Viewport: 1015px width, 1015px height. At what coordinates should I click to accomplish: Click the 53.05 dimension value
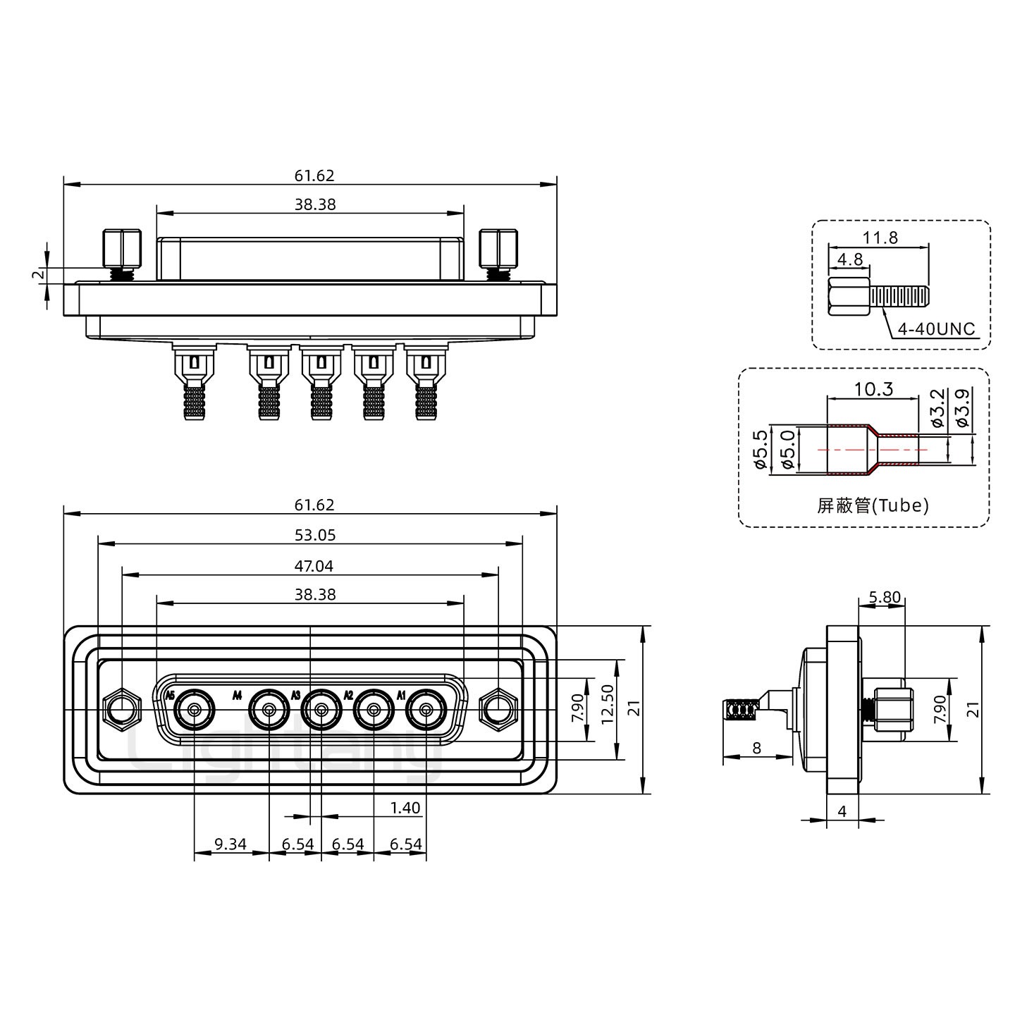[314, 535]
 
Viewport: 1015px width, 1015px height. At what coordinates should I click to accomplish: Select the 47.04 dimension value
[314, 565]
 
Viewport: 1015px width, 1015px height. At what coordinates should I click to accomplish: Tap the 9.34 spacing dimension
[230, 844]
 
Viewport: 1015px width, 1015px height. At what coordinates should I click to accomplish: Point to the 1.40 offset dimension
[405, 808]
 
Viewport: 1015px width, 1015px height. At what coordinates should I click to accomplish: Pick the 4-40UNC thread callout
[937, 328]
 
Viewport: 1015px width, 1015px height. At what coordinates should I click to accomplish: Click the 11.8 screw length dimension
[880, 238]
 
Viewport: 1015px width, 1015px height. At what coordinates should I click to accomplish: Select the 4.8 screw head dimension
[849, 259]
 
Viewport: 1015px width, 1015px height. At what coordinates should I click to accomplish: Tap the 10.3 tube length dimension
[874, 388]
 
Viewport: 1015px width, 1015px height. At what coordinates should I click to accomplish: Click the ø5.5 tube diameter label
[760, 450]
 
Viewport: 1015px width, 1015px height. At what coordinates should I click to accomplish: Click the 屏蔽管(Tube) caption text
[873, 505]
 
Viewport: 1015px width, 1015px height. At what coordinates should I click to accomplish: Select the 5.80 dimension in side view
[884, 598]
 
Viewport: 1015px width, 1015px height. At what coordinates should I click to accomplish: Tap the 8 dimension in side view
[756, 748]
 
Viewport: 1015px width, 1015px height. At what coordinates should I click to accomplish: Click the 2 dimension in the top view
[39, 275]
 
